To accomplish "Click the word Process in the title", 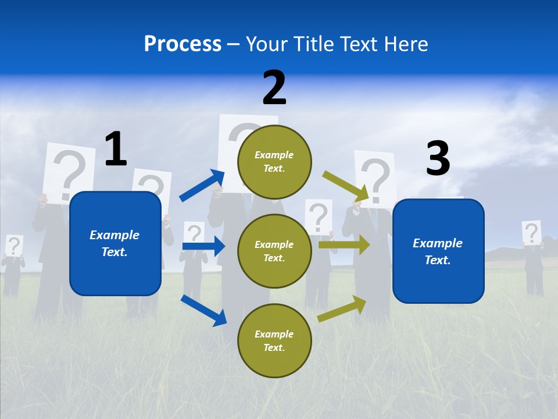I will [x=183, y=44].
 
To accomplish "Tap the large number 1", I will [x=116, y=150].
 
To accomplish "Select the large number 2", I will [x=274, y=88].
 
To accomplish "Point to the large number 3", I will [x=438, y=159].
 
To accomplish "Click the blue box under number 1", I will [x=115, y=243].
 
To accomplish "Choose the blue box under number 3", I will [x=438, y=251].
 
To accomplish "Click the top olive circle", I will [x=274, y=161].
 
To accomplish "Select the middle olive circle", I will [x=274, y=251].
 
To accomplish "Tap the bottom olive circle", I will [x=274, y=340].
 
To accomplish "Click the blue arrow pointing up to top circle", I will [x=202, y=186].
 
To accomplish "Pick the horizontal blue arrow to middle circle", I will [x=203, y=246].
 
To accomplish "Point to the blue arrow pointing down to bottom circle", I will [x=203, y=310].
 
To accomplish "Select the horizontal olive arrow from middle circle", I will [x=344, y=244].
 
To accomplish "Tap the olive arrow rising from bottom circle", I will [x=342, y=309].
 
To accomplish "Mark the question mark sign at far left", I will [x=14, y=246].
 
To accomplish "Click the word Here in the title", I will [x=407, y=44].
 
